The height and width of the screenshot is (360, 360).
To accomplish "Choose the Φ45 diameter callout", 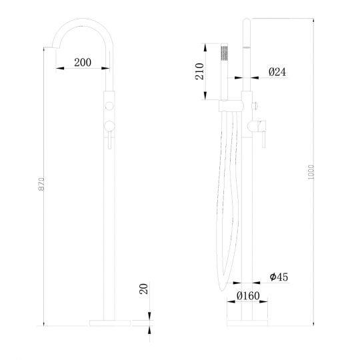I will (278, 276).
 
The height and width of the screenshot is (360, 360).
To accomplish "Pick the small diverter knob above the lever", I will (255, 105).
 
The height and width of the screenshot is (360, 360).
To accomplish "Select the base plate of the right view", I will (247, 323).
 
